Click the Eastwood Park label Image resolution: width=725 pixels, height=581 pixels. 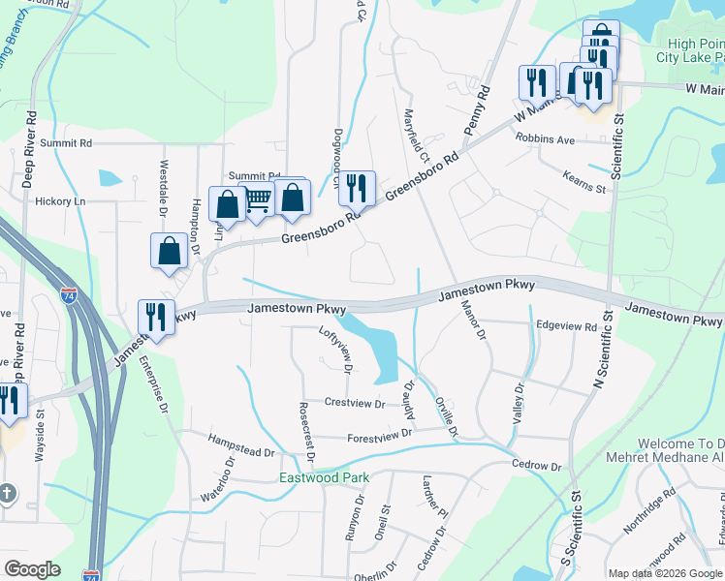click(x=324, y=477)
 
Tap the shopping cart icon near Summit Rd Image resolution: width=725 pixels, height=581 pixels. click(x=258, y=200)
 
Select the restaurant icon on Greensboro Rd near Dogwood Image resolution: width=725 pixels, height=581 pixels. click(x=359, y=187)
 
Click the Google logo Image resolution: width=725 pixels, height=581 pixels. click(x=32, y=569)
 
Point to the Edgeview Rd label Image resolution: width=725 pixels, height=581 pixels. click(x=567, y=327)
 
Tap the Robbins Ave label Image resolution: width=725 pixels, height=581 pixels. click(x=545, y=139)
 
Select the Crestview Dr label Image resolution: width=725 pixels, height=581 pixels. click(x=355, y=402)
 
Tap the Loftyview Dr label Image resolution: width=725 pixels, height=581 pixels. click(x=335, y=350)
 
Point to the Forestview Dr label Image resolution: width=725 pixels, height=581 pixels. click(x=380, y=435)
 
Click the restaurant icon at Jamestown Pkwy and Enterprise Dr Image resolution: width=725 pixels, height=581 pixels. click(x=154, y=316)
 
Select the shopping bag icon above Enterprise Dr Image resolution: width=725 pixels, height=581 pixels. click(x=170, y=250)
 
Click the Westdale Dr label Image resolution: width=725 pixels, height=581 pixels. click(x=163, y=188)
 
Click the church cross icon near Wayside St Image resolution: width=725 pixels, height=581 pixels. click(x=7, y=492)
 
